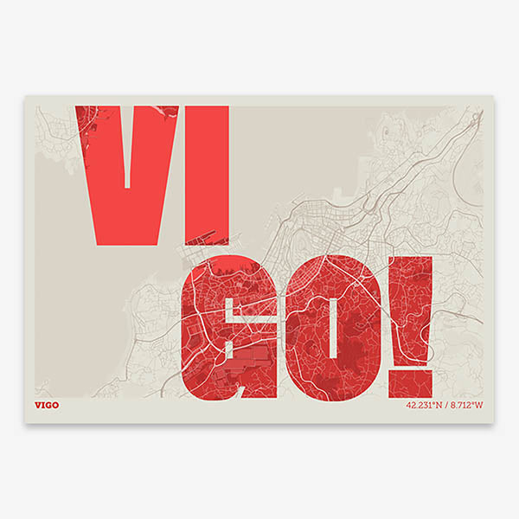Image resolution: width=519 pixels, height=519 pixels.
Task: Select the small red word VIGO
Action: pos(48,405)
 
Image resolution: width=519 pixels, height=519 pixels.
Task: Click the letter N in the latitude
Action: pos(437,405)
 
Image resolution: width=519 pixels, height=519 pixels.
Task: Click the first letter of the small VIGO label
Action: pos(38,405)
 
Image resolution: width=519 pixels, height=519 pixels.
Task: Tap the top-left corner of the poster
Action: pos(24,96)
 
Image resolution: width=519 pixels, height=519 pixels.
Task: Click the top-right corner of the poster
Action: pos(494,96)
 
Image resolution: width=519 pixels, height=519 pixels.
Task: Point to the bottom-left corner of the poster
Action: pos(24,423)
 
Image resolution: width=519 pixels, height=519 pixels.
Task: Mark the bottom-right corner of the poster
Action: pos(494,423)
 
